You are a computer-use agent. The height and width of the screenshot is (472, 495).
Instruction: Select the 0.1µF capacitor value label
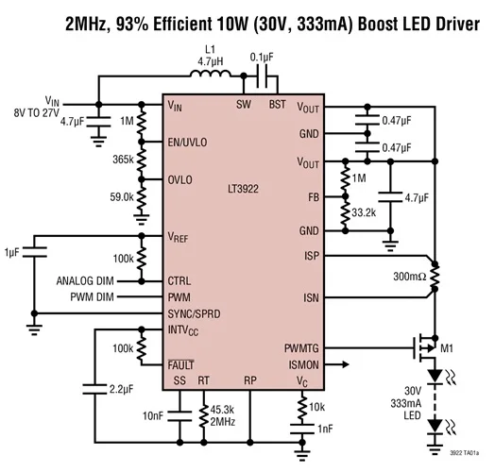tap(261, 57)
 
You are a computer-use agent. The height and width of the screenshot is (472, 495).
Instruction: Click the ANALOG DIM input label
tap(86, 280)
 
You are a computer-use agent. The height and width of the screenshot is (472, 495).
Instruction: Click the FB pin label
tap(313, 197)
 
